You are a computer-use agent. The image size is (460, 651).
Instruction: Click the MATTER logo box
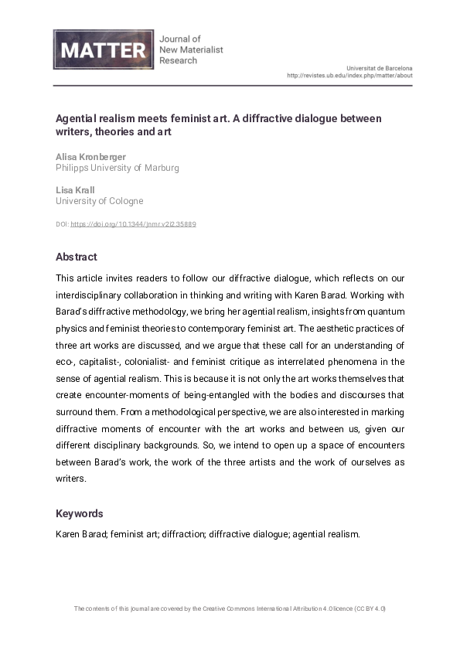coord(103,49)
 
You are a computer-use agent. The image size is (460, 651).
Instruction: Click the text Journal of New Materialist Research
coord(190,49)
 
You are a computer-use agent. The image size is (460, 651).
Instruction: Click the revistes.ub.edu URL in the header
coord(349,76)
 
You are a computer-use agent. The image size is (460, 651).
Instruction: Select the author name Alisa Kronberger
coord(91,155)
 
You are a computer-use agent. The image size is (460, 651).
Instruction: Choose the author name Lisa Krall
coord(74,189)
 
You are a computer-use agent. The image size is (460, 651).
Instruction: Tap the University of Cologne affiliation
coord(99,200)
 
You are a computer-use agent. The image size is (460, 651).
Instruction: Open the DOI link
coord(133,224)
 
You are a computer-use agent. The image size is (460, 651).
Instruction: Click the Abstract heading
coord(76,257)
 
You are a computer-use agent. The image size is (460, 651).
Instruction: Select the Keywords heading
coord(79,513)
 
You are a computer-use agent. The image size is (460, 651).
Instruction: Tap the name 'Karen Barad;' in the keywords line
coord(81,534)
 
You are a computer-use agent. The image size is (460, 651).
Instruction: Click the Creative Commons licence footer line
coord(230,608)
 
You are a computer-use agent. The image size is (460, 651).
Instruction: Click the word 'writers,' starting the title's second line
coord(73,131)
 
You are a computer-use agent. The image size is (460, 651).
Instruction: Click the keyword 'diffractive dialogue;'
coord(249,534)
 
